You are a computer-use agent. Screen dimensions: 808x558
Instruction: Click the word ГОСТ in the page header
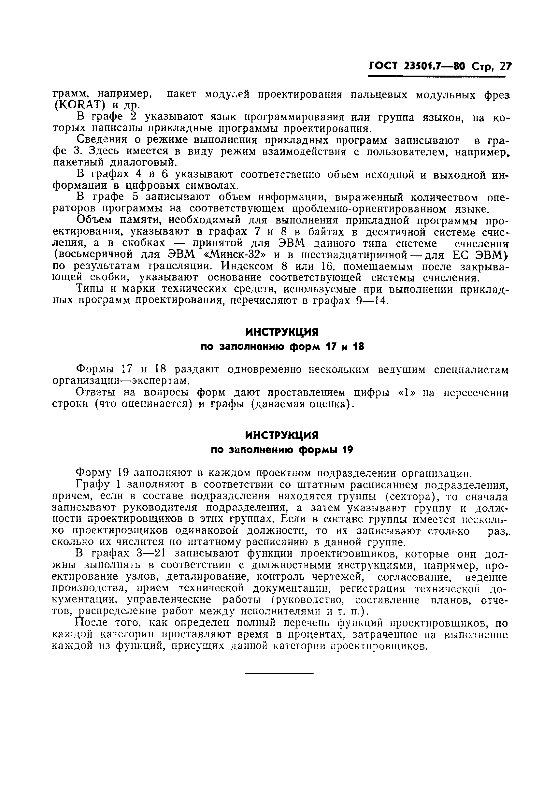click(x=383, y=66)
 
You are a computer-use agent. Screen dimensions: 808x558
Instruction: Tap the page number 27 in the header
click(x=505, y=66)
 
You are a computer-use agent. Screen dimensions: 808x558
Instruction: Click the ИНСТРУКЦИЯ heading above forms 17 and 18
click(x=282, y=331)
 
